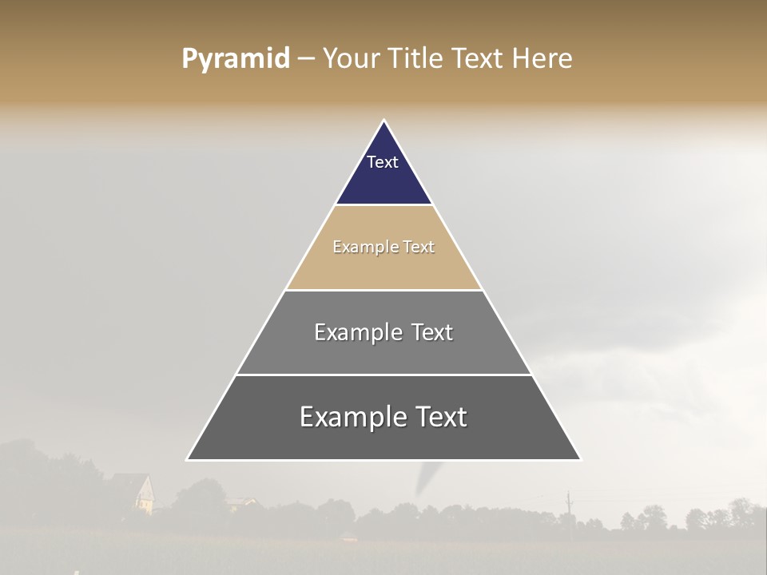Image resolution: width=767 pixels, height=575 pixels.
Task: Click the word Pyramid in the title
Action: point(236,58)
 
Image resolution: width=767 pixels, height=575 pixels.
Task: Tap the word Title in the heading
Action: point(419,58)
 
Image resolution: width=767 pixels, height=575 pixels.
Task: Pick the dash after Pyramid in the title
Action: point(306,58)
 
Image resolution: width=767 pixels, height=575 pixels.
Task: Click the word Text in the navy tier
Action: point(383,162)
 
